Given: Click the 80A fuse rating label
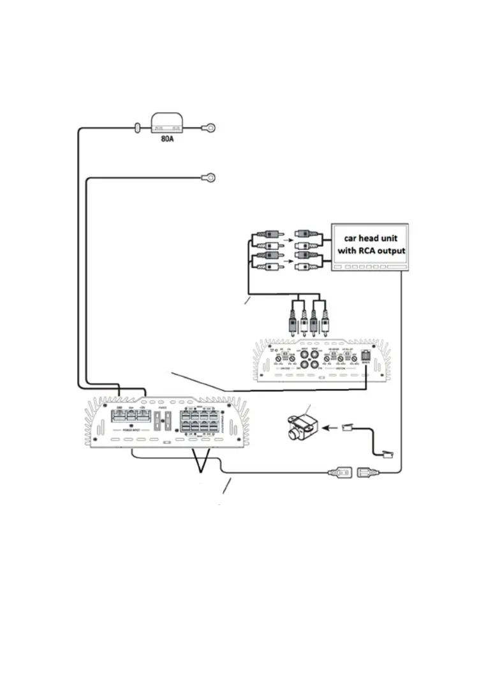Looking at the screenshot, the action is click(166, 136).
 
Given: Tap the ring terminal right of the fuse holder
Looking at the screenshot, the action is click(208, 128).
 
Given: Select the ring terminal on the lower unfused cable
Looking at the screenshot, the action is click(209, 177).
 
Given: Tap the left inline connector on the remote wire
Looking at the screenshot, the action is click(337, 473).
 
